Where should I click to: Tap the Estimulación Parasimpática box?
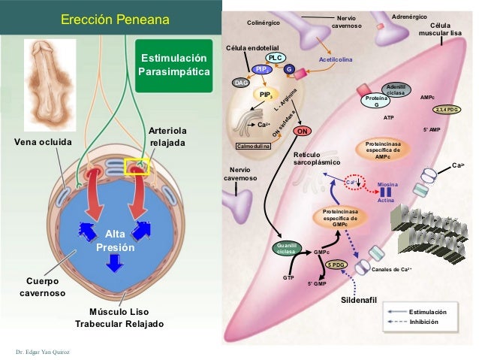[x=171, y=65]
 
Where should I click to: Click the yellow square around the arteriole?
[x=140, y=166]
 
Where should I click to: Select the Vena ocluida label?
[x=43, y=141]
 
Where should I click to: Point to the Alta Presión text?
[x=116, y=241]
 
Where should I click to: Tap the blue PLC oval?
[x=275, y=58]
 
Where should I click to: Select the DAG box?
[x=241, y=83]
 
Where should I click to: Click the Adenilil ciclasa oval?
[x=394, y=89]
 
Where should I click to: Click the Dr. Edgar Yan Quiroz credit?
[x=42, y=351]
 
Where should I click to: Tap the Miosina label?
[x=387, y=183]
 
